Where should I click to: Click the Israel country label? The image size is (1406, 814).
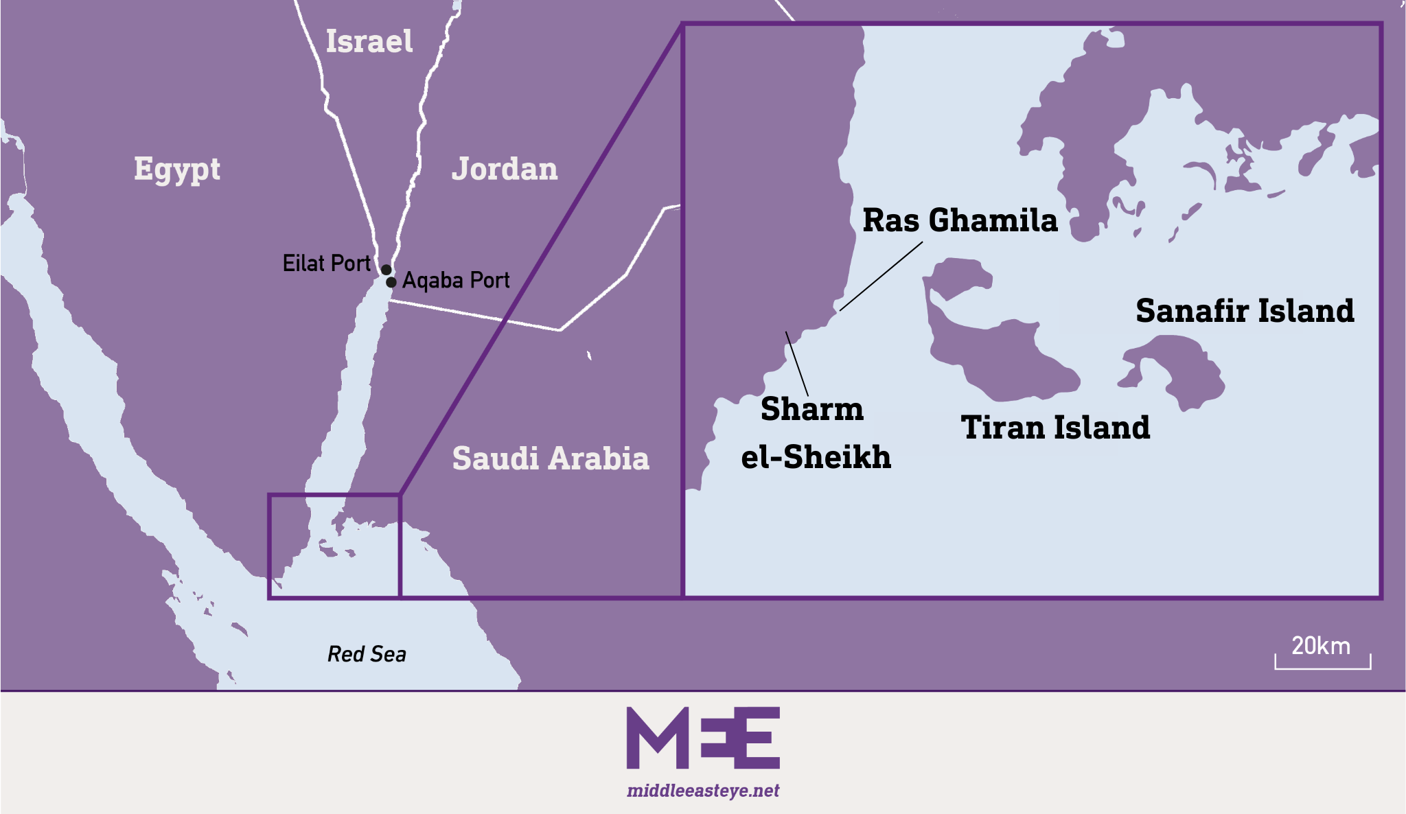click(x=369, y=42)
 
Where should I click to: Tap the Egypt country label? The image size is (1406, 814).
click(x=177, y=169)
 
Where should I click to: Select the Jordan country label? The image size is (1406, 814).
click(x=505, y=170)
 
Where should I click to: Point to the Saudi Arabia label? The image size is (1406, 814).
click(x=551, y=458)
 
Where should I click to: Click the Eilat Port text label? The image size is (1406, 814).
click(x=326, y=264)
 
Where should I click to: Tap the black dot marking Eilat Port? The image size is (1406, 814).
click(x=387, y=270)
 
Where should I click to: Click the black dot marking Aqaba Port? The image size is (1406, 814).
click(x=391, y=282)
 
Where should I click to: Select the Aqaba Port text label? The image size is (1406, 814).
click(x=456, y=281)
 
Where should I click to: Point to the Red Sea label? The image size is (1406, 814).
click(x=367, y=654)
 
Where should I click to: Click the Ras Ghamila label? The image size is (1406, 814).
click(x=960, y=221)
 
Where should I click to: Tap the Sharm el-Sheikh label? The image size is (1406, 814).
click(x=816, y=433)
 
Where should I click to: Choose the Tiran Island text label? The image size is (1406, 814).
click(x=1055, y=428)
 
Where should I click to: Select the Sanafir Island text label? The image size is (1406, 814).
click(x=1245, y=311)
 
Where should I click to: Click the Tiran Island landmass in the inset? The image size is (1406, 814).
click(x=995, y=357)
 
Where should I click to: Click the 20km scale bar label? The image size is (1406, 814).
click(x=1321, y=647)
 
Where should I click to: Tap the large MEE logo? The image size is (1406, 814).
click(x=703, y=738)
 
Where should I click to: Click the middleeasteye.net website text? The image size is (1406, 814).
click(x=703, y=791)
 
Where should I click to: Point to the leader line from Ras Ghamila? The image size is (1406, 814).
click(x=881, y=276)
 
